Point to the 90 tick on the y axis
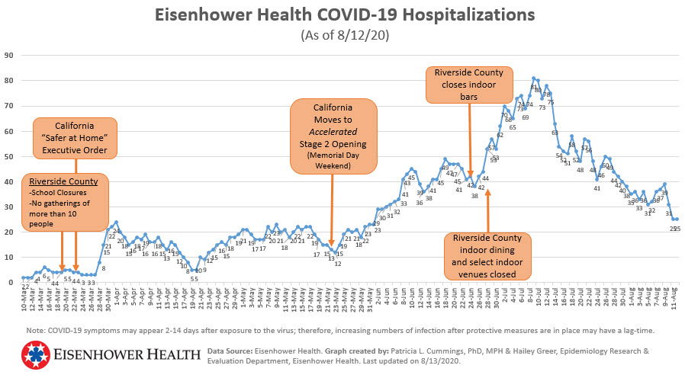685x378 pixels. click(x=9, y=55)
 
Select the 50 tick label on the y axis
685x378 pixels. click(x=9, y=156)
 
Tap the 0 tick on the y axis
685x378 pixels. click(x=11, y=283)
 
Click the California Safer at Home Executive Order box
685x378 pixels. click(x=75, y=138)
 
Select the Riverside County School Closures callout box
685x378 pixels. click(x=63, y=202)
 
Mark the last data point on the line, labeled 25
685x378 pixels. click(x=677, y=219)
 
